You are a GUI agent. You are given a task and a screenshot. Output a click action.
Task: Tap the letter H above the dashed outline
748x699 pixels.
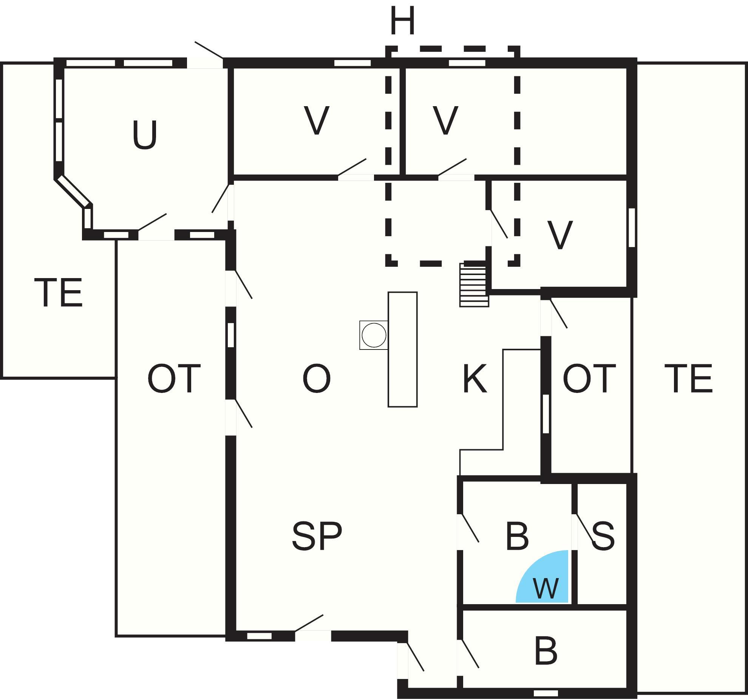(x=403, y=20)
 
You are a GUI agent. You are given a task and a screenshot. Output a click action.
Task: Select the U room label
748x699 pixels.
(x=145, y=135)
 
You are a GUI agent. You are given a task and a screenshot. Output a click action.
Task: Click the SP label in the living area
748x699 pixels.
(x=317, y=536)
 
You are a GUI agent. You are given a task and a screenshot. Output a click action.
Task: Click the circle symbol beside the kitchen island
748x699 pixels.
(x=374, y=335)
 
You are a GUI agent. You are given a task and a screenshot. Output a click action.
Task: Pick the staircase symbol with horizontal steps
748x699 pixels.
(x=474, y=285)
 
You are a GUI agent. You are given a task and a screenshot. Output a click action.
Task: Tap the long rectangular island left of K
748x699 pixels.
(x=403, y=349)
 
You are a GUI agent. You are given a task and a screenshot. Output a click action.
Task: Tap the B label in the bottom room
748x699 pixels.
(x=546, y=651)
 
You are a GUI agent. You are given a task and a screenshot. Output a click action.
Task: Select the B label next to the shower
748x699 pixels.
(x=517, y=536)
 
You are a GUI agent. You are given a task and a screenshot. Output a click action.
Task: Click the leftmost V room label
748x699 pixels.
(x=317, y=120)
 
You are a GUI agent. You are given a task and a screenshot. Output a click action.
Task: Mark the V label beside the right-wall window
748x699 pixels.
(x=560, y=235)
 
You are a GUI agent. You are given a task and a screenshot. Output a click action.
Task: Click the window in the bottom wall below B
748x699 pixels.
(x=546, y=693)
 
